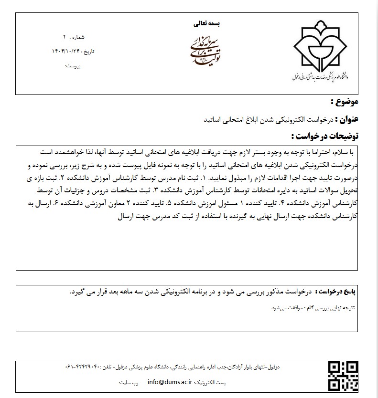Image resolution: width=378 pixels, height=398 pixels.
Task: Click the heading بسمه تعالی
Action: point(208,22)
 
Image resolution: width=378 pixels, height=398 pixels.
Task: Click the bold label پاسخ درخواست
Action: point(341,291)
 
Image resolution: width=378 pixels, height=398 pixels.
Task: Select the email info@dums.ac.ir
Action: point(170,382)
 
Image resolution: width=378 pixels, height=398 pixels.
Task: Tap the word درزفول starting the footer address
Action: point(278,368)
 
